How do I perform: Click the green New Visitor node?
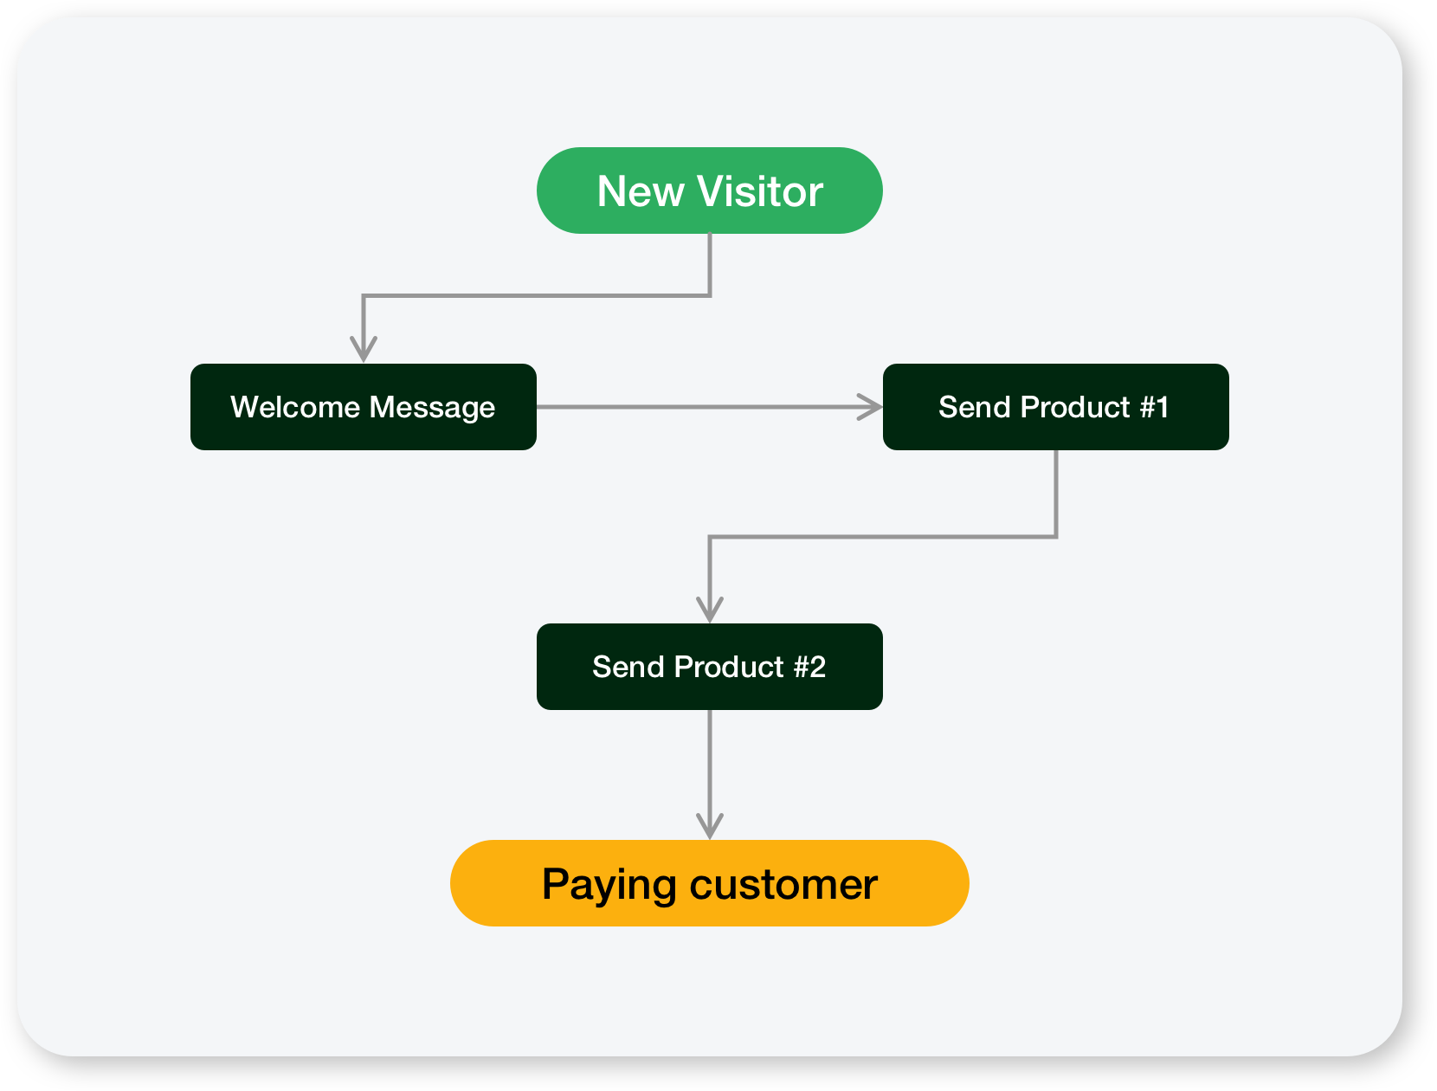710,190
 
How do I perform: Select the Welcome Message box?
364,407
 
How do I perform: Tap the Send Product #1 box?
1056,407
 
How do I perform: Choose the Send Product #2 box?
710,667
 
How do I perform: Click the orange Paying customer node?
710,882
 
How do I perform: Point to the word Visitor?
759,191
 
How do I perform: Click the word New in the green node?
641,191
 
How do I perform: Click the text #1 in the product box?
1154,407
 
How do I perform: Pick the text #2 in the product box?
809,667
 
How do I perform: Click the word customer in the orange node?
783,885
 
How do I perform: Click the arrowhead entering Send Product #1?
870,407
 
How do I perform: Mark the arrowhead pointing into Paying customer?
710,827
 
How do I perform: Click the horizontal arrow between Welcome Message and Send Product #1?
710,407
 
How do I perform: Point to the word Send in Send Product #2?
628,667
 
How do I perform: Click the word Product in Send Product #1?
1075,407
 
